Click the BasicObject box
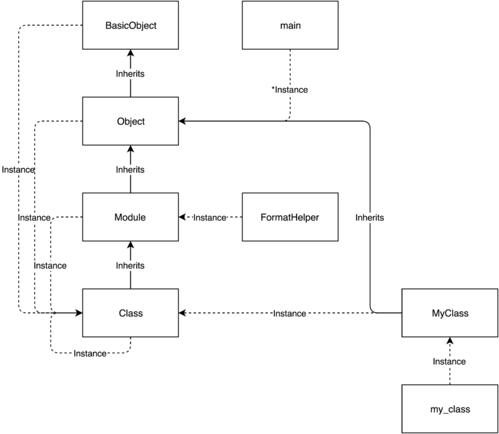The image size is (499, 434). (131, 25)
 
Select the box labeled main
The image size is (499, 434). (290, 25)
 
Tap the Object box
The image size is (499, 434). (131, 121)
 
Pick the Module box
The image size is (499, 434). (131, 217)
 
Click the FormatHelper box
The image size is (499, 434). (290, 217)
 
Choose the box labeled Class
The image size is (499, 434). (131, 313)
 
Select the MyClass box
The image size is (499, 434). (450, 313)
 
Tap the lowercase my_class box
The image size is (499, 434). (450, 409)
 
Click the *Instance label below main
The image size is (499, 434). (290, 89)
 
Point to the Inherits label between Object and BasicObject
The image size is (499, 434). (131, 74)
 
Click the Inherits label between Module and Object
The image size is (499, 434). (131, 169)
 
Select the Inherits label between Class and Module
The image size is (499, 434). (131, 265)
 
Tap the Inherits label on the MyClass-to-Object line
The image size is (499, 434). (370, 217)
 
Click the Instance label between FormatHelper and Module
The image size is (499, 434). (210, 217)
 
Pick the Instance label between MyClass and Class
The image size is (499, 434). (290, 314)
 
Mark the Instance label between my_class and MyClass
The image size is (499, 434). (450, 361)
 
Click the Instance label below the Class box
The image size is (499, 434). (90, 353)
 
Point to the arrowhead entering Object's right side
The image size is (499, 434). (183, 121)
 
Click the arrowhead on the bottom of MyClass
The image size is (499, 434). (450, 341)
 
